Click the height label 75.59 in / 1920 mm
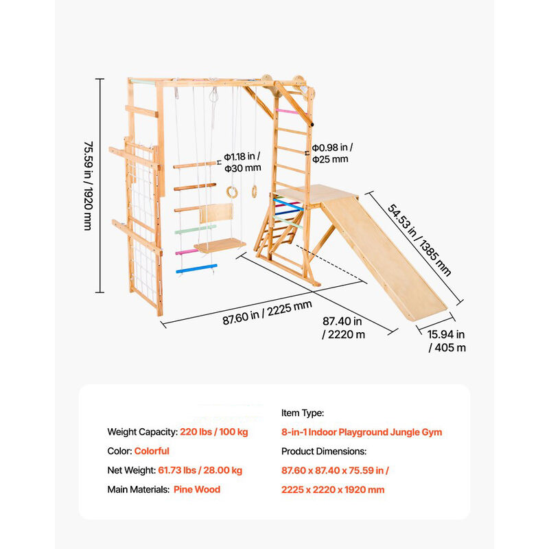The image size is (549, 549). coord(89,186)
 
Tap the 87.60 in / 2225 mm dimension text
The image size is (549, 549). coord(267,313)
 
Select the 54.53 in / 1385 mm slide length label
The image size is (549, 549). coord(419,240)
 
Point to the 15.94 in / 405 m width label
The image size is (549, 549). coord(447,341)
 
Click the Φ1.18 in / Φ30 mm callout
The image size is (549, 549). coord(243,162)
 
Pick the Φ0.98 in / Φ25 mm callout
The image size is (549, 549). coord(332,153)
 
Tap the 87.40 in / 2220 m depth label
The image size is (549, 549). coord(344,328)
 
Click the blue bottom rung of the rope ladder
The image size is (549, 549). coord(196,268)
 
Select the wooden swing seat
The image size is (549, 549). coord(220,245)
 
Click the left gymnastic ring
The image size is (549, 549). coord(232,192)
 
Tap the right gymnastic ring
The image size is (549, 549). coord(255,191)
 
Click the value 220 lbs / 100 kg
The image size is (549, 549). coord(214,432)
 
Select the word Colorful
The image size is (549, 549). coord(152,451)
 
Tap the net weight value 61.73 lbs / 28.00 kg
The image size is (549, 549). coord(200,470)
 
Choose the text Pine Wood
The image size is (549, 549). coord(197,489)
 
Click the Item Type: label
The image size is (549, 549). coord(303,413)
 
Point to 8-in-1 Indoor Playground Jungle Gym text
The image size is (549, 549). coord(362,432)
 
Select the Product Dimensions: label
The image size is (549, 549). coord(324,452)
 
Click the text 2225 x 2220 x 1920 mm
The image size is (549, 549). coord(333,489)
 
